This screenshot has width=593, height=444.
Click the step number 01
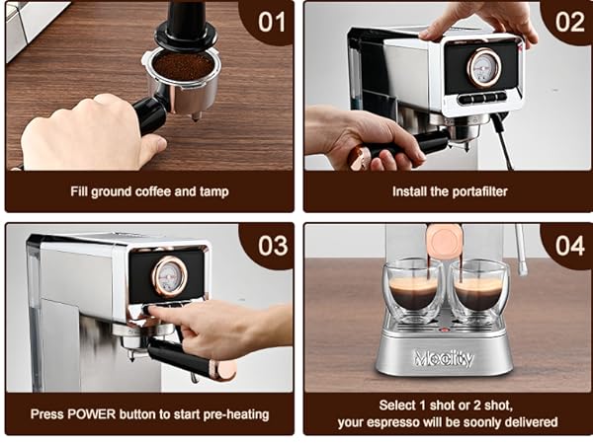tap(272, 21)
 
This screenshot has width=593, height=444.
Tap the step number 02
tap(569, 21)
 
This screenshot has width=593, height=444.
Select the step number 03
tap(272, 245)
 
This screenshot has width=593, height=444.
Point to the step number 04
tap(569, 245)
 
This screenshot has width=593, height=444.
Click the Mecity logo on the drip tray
tap(444, 358)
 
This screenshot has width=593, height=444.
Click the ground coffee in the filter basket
tap(182, 67)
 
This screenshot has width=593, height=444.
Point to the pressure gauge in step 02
tap(483, 67)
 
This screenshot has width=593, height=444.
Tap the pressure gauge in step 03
tap(169, 275)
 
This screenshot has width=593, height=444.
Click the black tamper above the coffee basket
tap(183, 24)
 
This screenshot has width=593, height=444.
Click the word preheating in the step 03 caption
tap(228, 413)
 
